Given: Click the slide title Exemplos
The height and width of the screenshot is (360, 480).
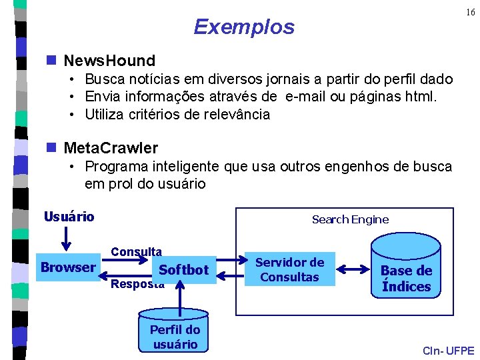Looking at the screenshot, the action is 243,27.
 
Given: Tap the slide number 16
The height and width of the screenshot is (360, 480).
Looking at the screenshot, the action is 469,13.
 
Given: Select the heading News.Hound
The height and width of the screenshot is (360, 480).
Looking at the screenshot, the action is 109,61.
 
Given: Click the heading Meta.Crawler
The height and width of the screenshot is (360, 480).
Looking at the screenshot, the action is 111,147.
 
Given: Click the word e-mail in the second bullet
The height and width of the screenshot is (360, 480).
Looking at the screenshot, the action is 309,97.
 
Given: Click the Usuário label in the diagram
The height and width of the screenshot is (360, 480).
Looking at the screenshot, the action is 69,217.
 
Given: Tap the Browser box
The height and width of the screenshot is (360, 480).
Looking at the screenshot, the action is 68,267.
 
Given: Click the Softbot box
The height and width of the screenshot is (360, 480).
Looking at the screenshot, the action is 184,270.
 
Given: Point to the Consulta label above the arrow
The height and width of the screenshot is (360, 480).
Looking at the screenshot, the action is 136,251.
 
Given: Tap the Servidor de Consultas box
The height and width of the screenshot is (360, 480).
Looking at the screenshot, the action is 290,269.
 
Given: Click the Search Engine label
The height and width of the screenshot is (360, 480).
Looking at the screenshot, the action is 350,219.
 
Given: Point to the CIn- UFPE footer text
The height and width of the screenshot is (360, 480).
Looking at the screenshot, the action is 449,351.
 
